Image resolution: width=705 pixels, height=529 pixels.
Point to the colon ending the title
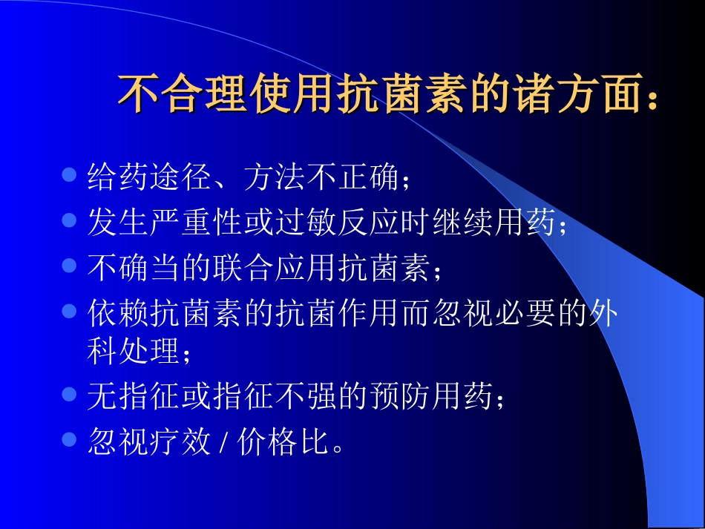(652, 96)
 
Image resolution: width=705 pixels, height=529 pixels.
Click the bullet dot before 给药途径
(69, 175)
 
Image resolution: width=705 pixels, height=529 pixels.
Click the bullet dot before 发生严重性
(69, 220)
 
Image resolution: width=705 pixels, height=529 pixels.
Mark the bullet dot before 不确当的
(69, 266)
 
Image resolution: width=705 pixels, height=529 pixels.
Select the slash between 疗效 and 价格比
(224, 443)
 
